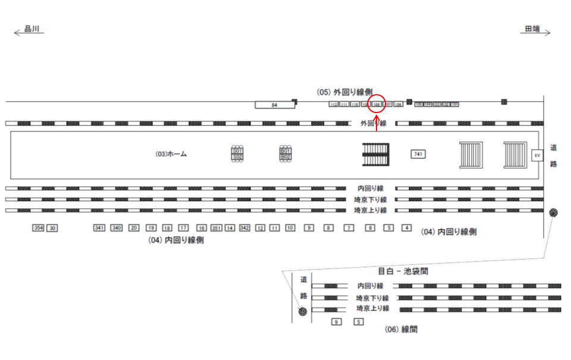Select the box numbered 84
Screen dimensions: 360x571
(x=275, y=105)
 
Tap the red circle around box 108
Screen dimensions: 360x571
(x=377, y=105)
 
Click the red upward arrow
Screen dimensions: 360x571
(x=377, y=121)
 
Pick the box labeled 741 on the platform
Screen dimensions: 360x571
(x=418, y=154)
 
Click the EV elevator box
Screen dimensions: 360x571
(x=537, y=155)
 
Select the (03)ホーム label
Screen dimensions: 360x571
(x=171, y=154)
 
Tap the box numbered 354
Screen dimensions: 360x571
(x=39, y=228)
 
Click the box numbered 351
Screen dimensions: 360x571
(x=217, y=228)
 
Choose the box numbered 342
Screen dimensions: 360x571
(x=244, y=228)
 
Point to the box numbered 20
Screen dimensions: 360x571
(x=134, y=228)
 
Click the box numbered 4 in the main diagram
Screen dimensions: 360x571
(x=407, y=228)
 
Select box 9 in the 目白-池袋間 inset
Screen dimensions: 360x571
(x=336, y=322)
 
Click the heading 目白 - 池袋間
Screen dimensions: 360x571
(x=403, y=271)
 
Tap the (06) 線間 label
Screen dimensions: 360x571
(x=400, y=329)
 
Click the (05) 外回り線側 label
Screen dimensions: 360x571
(x=344, y=92)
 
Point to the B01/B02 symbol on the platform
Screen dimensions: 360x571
(x=285, y=154)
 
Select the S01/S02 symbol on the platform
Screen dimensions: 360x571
(x=237, y=154)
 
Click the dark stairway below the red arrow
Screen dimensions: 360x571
(x=376, y=155)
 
